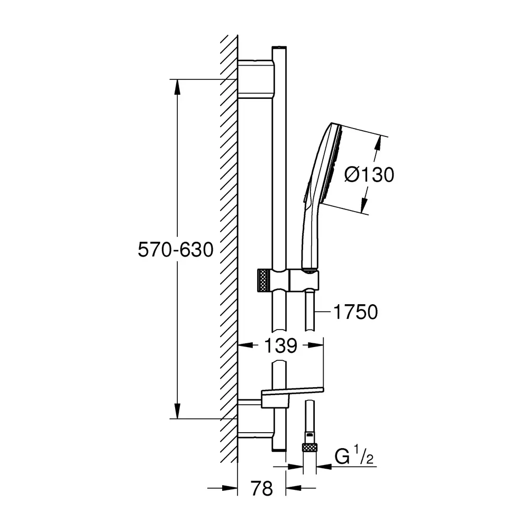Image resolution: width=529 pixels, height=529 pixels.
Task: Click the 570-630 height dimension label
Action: tap(176, 250)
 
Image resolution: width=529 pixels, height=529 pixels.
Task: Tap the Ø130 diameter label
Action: tap(369, 175)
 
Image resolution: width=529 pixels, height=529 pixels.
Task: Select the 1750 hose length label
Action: tap(355, 312)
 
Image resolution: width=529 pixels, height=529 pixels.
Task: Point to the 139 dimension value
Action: tap(280, 345)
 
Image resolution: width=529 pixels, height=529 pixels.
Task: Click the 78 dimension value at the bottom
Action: tap(261, 488)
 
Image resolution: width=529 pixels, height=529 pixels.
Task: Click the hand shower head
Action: tap(329, 165)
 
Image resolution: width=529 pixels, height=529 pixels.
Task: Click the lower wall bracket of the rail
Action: tap(255, 418)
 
